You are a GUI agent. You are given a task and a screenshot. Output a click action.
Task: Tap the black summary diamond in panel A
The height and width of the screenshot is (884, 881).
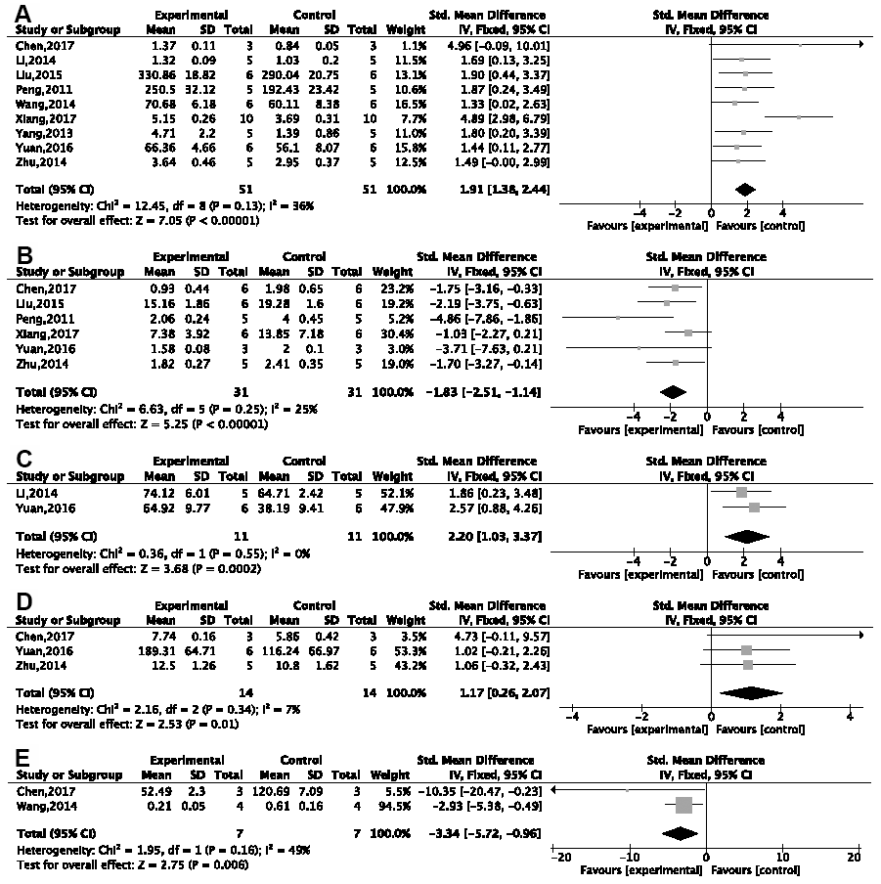[744, 189]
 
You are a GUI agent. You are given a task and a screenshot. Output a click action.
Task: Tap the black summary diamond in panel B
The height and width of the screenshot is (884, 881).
[673, 391]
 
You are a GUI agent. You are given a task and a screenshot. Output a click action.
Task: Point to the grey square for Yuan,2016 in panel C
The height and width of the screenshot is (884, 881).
[754, 508]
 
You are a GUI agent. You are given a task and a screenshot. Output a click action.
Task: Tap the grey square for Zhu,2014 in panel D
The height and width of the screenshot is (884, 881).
[748, 665]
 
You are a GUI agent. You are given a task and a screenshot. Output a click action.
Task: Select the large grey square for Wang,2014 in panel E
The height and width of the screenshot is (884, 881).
[683, 805]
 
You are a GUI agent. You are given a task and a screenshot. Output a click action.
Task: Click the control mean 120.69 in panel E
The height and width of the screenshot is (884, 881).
[284, 790]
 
